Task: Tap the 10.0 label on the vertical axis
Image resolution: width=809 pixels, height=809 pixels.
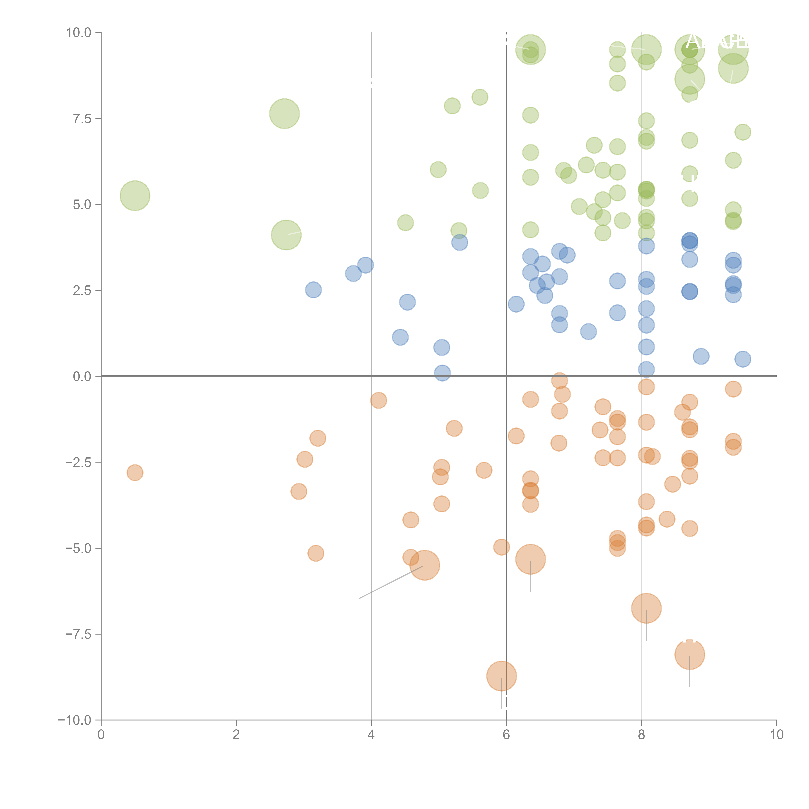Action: pyautogui.click(x=79, y=33)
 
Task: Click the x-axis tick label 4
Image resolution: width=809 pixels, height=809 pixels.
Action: pyautogui.click(x=371, y=734)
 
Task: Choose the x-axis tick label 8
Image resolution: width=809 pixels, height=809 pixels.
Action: pyautogui.click(x=642, y=734)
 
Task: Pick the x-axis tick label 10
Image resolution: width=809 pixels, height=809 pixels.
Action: pyautogui.click(x=776, y=734)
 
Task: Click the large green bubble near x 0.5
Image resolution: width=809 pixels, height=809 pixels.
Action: pyautogui.click(x=135, y=196)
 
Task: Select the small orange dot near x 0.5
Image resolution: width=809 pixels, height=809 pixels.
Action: pyautogui.click(x=135, y=473)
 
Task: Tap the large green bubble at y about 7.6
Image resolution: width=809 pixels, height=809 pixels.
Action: pyautogui.click(x=284, y=113)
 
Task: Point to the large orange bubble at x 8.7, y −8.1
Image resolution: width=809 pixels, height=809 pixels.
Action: pyautogui.click(x=690, y=654)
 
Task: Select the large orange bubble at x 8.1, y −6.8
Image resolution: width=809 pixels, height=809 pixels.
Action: pyautogui.click(x=646, y=608)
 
